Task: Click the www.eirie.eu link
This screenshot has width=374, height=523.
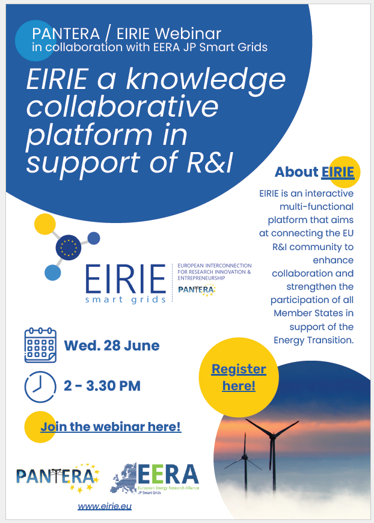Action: [x=105, y=506]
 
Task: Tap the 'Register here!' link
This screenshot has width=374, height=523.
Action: [x=239, y=378]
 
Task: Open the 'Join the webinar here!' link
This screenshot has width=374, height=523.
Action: [x=111, y=427]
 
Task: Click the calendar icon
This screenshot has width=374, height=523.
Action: [x=40, y=345]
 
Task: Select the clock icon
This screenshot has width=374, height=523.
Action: [x=40, y=387]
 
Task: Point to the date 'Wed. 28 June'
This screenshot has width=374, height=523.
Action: [x=112, y=346]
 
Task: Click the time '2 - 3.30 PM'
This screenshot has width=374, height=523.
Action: [x=102, y=386]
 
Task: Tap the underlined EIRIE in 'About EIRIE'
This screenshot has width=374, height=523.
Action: [x=338, y=172]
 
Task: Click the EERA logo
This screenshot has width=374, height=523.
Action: [x=155, y=479]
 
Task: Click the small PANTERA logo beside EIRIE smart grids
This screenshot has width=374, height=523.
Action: [x=197, y=290]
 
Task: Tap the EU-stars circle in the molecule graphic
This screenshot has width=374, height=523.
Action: [x=69, y=247]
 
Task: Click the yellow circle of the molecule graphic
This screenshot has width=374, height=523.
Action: [x=45, y=224]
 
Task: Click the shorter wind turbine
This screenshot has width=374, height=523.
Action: [x=245, y=462]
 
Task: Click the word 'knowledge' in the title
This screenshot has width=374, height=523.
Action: [x=206, y=79]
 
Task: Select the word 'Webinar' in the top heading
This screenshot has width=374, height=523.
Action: [x=188, y=34]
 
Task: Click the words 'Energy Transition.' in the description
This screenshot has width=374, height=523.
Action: [x=314, y=340]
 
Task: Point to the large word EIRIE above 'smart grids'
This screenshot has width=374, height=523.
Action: [x=126, y=279]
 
